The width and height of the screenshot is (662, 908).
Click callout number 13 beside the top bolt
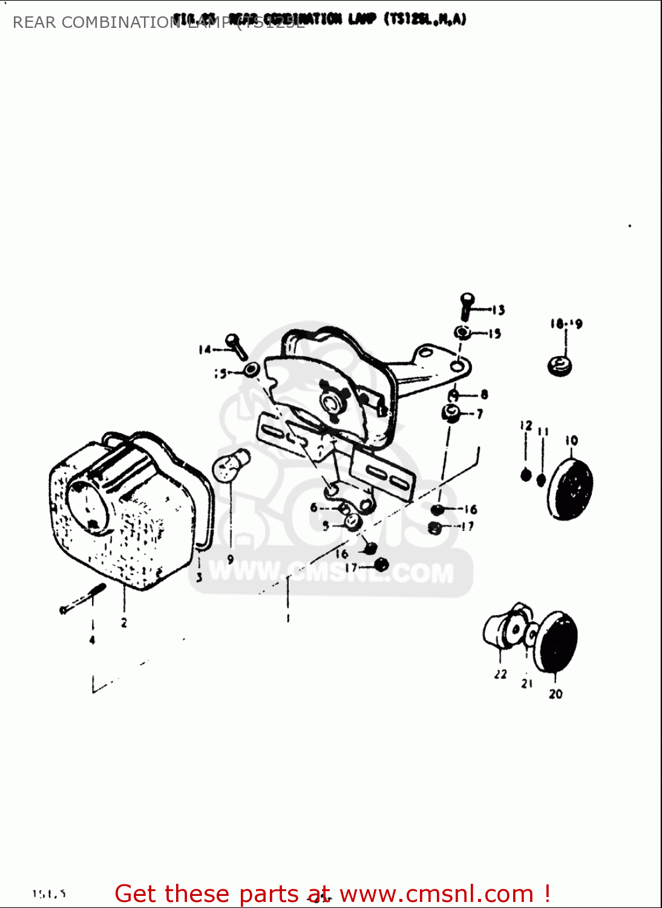pos(498,311)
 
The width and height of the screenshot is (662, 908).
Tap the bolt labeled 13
pos(467,306)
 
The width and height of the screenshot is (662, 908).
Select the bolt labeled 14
pos(236,346)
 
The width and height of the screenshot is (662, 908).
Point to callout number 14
pos(205,349)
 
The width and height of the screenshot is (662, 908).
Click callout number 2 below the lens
pos(124,622)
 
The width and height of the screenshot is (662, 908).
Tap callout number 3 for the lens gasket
pos(198,577)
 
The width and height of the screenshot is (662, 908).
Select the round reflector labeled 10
pos(571,488)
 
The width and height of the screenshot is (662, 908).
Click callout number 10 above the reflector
pos(571,441)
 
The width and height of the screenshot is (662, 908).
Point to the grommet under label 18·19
pos(560,366)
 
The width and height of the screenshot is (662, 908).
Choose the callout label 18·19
pos(566,324)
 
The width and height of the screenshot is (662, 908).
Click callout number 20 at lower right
pos(555,694)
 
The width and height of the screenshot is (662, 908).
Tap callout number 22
pos(500,674)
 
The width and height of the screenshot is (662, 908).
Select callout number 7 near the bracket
pos(480,414)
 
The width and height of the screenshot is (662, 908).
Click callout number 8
pos(484,395)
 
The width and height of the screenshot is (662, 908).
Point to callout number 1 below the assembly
pos(288,618)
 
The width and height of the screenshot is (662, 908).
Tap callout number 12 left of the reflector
pos(525,426)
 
